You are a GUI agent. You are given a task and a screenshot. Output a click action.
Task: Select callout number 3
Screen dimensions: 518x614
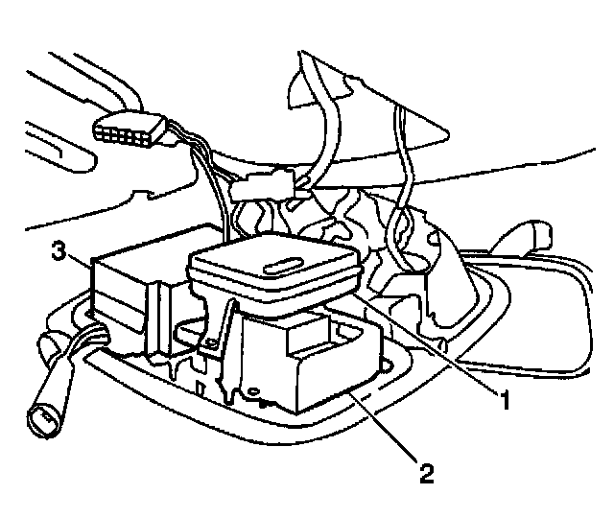(x=59, y=251)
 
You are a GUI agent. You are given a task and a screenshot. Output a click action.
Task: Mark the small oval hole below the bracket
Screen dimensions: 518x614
(x=253, y=391)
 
